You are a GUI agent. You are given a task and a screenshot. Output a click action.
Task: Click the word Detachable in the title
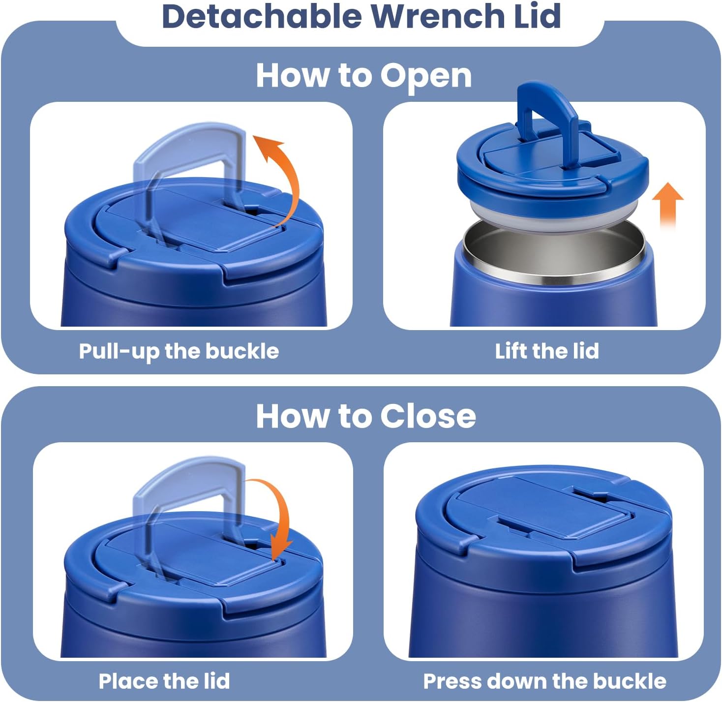pyautogui.click(x=262, y=16)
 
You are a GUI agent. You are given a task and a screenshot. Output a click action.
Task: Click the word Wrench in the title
pyautogui.click(x=437, y=16)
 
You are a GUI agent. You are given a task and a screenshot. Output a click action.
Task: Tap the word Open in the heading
pyautogui.click(x=426, y=77)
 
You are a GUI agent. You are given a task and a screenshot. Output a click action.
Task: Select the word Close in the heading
pyautogui.click(x=428, y=416)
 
